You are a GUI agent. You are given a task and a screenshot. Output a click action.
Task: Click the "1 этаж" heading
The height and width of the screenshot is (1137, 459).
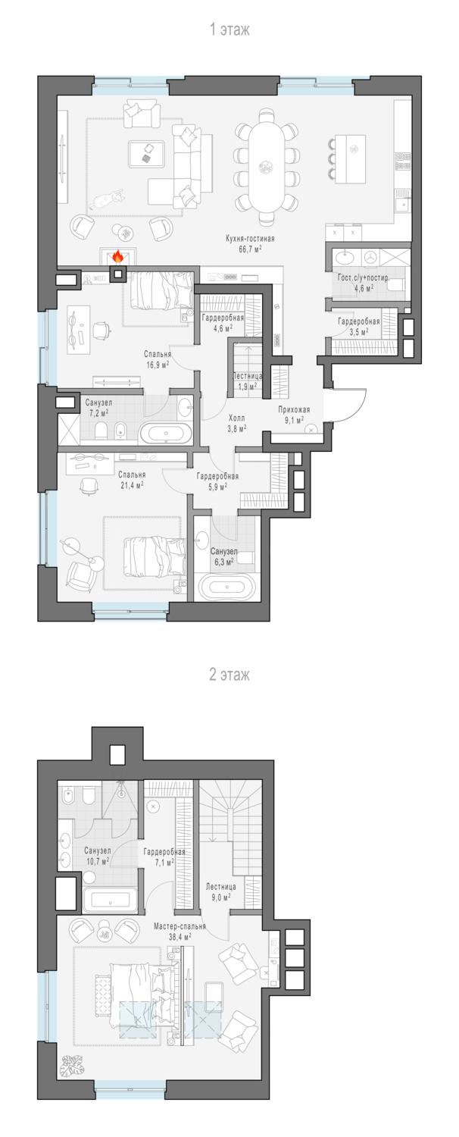[229, 30]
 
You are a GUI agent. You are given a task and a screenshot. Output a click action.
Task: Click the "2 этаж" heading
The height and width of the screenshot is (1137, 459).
[229, 675]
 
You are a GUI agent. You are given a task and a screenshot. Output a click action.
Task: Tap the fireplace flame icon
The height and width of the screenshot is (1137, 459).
[117, 257]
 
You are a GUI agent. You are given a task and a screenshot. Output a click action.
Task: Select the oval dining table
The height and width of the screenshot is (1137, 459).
[265, 167]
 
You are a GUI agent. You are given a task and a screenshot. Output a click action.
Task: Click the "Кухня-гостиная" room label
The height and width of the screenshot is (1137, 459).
[250, 238]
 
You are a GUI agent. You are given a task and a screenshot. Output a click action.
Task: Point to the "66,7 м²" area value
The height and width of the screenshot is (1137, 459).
[251, 249]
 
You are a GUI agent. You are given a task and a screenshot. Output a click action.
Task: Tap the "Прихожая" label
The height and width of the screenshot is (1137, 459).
[294, 409]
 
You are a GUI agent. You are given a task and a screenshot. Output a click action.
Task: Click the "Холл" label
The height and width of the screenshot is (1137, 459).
[237, 418]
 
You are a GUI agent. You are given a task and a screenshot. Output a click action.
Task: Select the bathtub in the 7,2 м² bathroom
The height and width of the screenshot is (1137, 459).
[166, 434]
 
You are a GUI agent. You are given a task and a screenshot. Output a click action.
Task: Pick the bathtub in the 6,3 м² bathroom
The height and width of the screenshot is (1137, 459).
[227, 587]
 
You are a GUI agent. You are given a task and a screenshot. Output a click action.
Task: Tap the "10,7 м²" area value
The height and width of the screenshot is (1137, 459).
[98, 861]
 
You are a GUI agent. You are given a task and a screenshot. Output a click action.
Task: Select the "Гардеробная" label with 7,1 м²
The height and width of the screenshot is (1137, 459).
[164, 852]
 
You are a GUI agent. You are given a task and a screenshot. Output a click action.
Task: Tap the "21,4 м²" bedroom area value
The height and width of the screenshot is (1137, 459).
[131, 485]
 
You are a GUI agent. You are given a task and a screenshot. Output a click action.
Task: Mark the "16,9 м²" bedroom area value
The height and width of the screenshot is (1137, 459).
[158, 364]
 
